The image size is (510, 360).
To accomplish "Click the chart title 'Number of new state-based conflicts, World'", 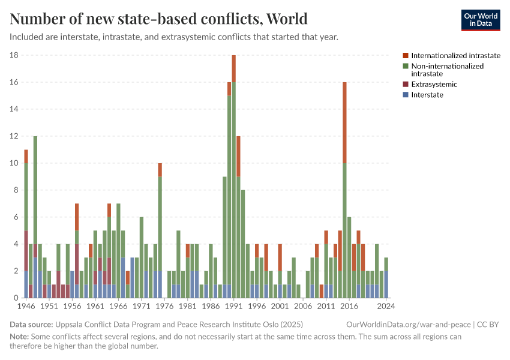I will (x=158, y=19).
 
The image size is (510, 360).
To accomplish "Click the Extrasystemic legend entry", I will (x=434, y=85).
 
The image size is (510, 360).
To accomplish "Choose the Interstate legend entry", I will (x=427, y=95).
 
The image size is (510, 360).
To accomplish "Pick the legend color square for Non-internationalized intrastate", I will (x=406, y=66).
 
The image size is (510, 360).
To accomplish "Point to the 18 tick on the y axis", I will (x=14, y=55).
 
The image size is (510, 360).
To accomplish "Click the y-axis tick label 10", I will (x=14, y=163).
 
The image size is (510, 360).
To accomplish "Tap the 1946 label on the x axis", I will (x=26, y=306).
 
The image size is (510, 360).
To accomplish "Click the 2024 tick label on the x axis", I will (x=386, y=306).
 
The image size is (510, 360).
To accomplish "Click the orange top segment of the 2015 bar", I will (x=344, y=122).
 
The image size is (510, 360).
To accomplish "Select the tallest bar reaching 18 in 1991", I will (x=233, y=180).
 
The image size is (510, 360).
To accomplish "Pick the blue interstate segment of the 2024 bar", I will (x=386, y=284).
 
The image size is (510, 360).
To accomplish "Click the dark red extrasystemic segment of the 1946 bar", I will (x=26, y=251).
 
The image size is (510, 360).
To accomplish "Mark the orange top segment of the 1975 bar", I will (x=160, y=170).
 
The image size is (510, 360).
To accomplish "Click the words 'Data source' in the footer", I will (x=32, y=324).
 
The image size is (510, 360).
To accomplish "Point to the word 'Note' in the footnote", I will (x=19, y=337).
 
